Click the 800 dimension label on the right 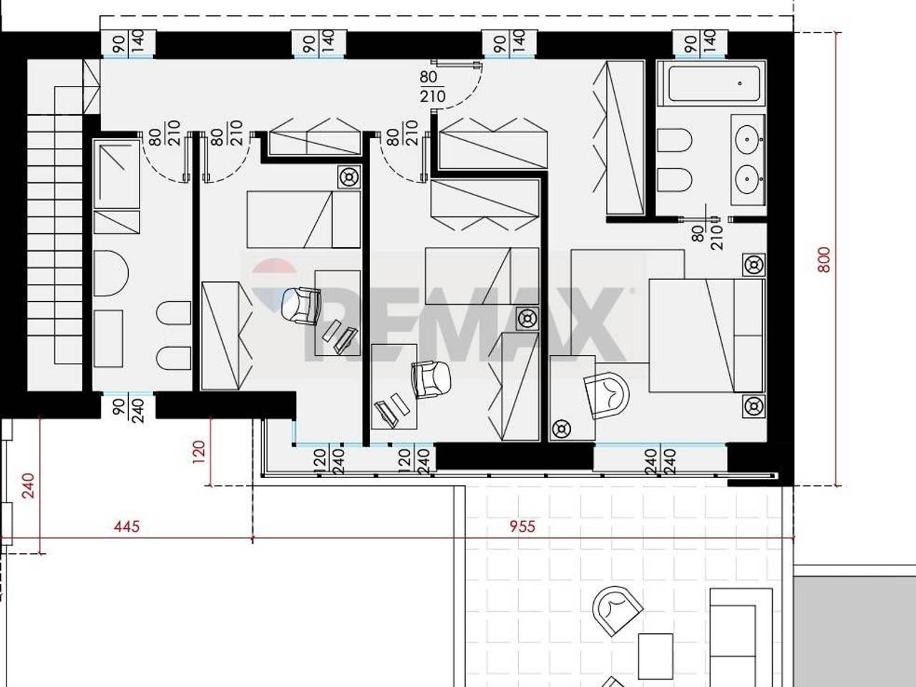824,260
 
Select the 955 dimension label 522,527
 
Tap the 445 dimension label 127,527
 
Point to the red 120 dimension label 199,452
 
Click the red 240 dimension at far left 29,485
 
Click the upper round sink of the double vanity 747,139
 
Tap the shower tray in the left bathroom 117,174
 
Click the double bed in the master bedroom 706,336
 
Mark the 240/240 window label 661,462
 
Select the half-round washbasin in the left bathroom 111,273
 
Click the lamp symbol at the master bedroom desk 561,429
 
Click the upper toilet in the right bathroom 675,141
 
